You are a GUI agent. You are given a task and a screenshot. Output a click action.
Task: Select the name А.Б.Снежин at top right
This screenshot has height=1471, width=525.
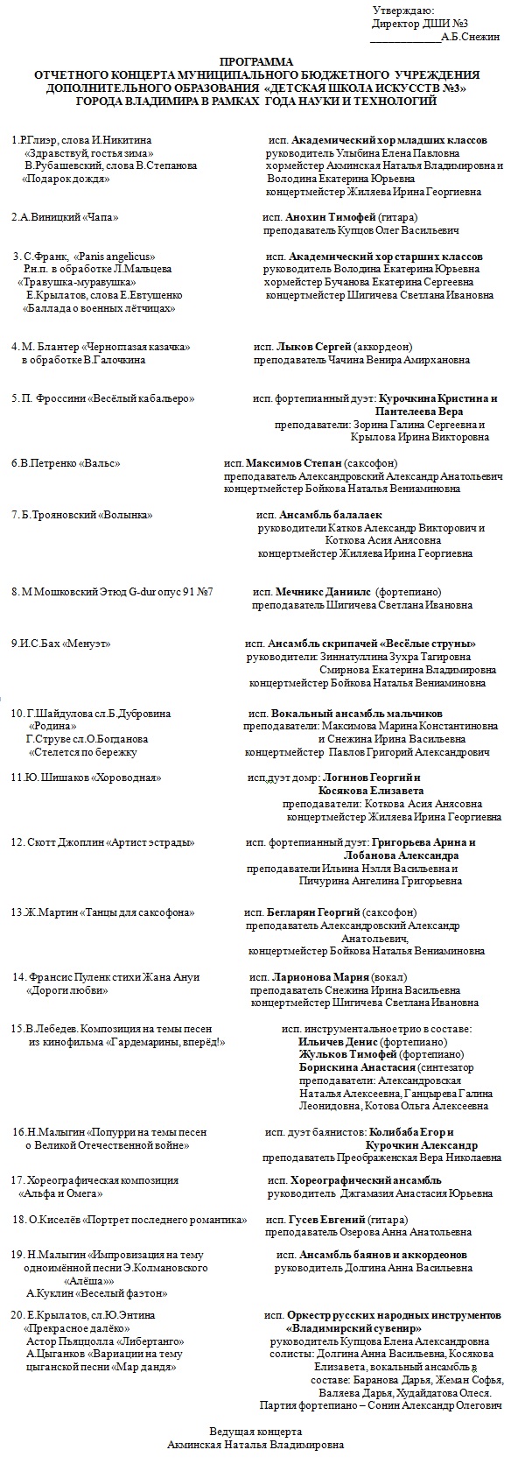tap(471, 38)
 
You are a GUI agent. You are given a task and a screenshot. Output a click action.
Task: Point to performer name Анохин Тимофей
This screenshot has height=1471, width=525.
tap(333, 216)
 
